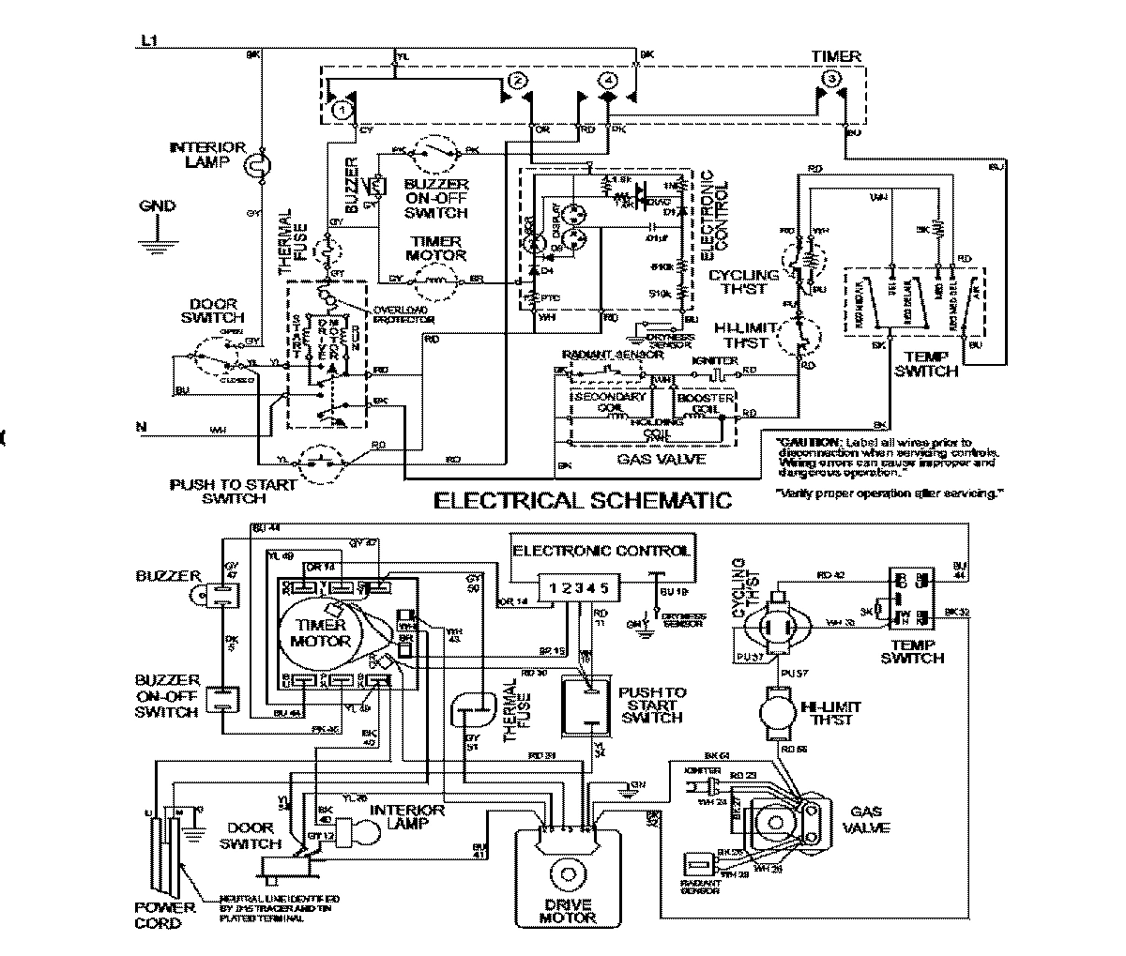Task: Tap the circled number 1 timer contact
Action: pos(342,110)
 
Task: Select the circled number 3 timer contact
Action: pos(829,81)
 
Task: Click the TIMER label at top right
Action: pos(835,56)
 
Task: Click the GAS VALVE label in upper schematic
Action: pos(647,460)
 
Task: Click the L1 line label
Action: pos(148,40)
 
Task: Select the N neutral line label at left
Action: pos(141,428)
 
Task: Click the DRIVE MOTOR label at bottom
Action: pos(568,911)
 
